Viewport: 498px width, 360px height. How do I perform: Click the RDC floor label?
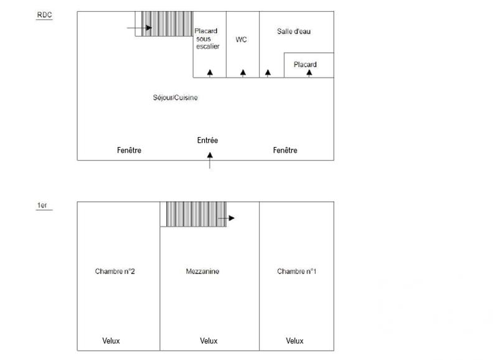[x=44, y=15]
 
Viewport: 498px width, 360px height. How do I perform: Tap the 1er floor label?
[x=43, y=205]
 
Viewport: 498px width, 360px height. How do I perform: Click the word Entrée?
[x=207, y=141]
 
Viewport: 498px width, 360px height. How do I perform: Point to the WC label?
[x=242, y=40]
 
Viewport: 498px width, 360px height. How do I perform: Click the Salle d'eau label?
[x=294, y=31]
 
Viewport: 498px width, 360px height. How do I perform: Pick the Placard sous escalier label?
[x=207, y=38]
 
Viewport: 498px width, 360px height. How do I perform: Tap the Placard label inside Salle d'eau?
[x=305, y=64]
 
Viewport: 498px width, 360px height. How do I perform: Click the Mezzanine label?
[x=202, y=272]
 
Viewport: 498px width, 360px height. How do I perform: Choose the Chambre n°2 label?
[x=115, y=272]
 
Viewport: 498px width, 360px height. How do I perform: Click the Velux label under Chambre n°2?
[x=111, y=341]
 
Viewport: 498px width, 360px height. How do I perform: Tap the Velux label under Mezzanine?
[x=209, y=341]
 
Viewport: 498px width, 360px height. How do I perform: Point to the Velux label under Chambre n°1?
[x=294, y=341]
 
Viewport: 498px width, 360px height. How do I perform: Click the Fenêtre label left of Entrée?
[x=129, y=150]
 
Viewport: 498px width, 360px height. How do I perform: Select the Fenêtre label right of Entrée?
[x=285, y=150]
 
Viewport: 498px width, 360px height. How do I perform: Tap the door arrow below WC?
[x=243, y=73]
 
